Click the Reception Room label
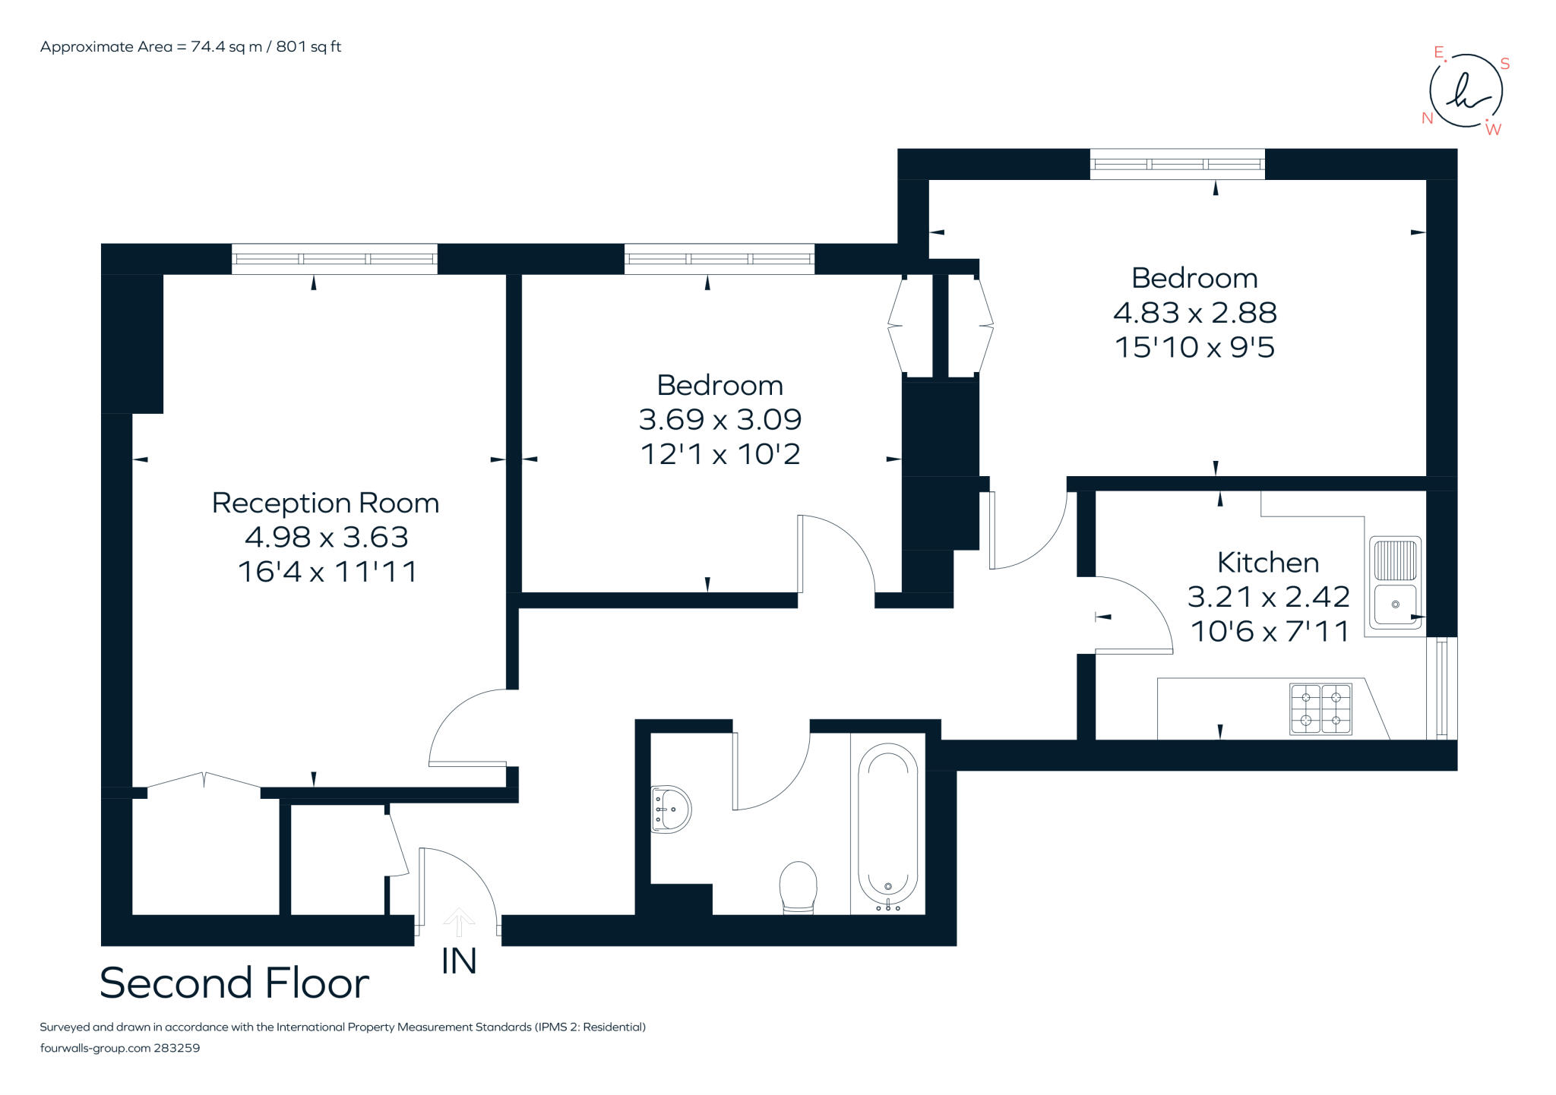coord(325,503)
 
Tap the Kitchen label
coord(1268,563)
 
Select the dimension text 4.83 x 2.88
coord(1195,313)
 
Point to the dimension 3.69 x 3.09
coord(720,419)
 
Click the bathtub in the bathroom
coord(888,828)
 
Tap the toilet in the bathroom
coord(798,887)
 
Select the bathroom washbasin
coord(671,809)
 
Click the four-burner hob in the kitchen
coord(1321,709)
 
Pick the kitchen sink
coord(1395,583)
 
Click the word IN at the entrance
coord(459,961)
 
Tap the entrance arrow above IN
coord(459,923)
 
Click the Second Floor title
coord(234,983)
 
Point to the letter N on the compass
coord(1428,118)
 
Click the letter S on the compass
coord(1504,65)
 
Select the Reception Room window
coord(334,259)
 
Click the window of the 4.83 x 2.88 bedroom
coord(1178,164)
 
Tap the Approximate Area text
coord(191,47)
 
